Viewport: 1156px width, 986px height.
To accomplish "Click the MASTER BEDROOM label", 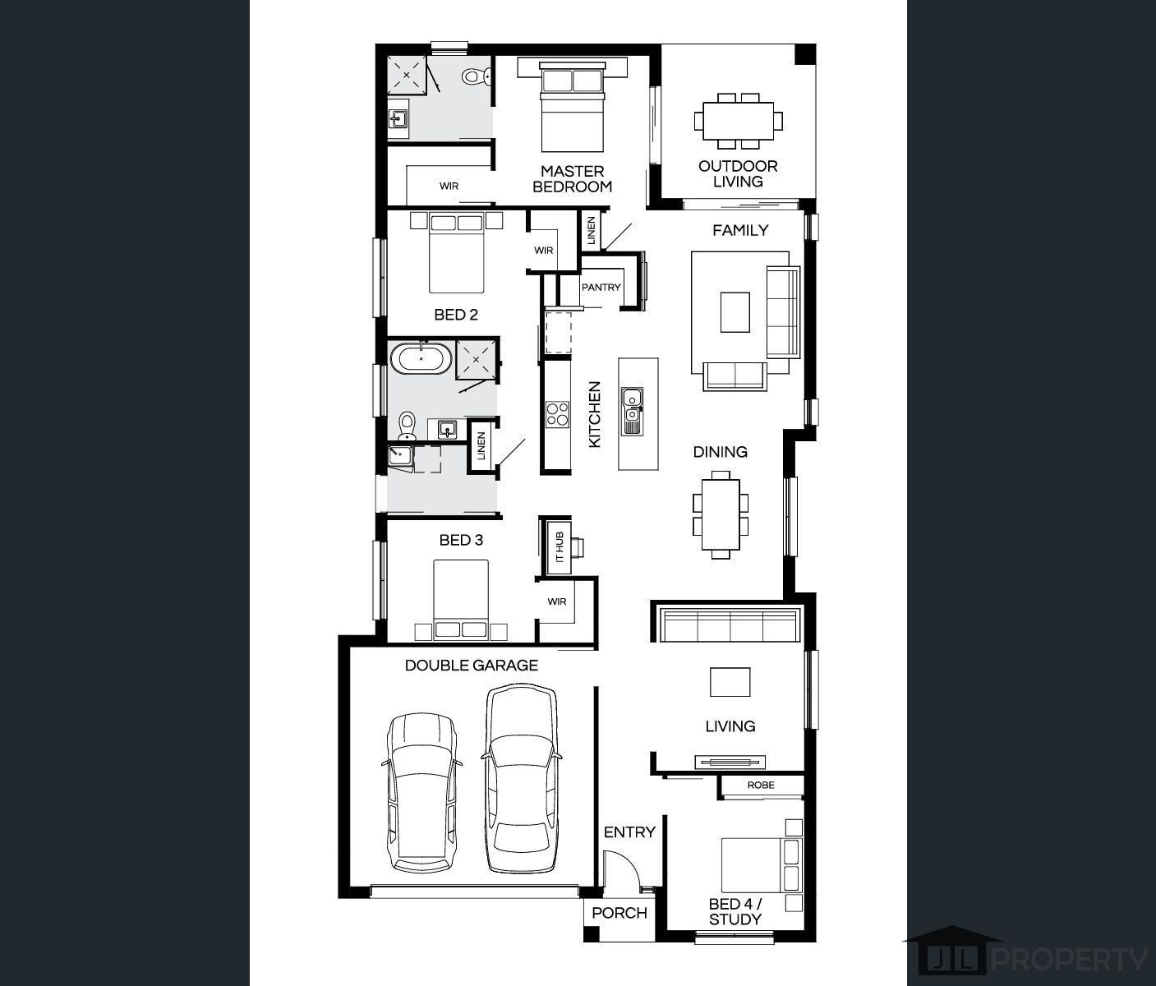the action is (x=572, y=179).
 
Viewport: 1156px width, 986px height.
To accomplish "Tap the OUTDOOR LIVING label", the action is (x=738, y=173).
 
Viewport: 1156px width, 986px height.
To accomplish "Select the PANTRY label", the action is (x=601, y=287).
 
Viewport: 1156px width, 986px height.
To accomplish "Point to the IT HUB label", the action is (x=560, y=547).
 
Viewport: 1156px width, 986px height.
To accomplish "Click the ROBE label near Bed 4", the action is (x=761, y=785).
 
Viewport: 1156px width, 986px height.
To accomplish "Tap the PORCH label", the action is (x=619, y=913).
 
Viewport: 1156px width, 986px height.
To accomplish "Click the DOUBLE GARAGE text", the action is (x=472, y=665).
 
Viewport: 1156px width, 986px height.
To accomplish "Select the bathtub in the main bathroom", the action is (x=421, y=358).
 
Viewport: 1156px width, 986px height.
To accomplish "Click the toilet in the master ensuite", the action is (x=476, y=76).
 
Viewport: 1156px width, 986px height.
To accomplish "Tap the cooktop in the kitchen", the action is (x=557, y=414).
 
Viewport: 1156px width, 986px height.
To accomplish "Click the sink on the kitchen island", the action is (x=632, y=411).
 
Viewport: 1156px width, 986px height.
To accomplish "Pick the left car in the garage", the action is (x=421, y=792).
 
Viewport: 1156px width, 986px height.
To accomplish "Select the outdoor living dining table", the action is (x=739, y=121).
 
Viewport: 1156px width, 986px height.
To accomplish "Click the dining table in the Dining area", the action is (x=721, y=514).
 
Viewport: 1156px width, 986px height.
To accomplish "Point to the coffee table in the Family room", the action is (x=735, y=312).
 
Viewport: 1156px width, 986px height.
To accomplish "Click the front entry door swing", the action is (x=621, y=869).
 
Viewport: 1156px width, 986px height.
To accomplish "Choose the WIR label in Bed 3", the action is (x=556, y=601).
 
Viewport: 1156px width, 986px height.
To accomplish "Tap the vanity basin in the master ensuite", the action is (x=398, y=118).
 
